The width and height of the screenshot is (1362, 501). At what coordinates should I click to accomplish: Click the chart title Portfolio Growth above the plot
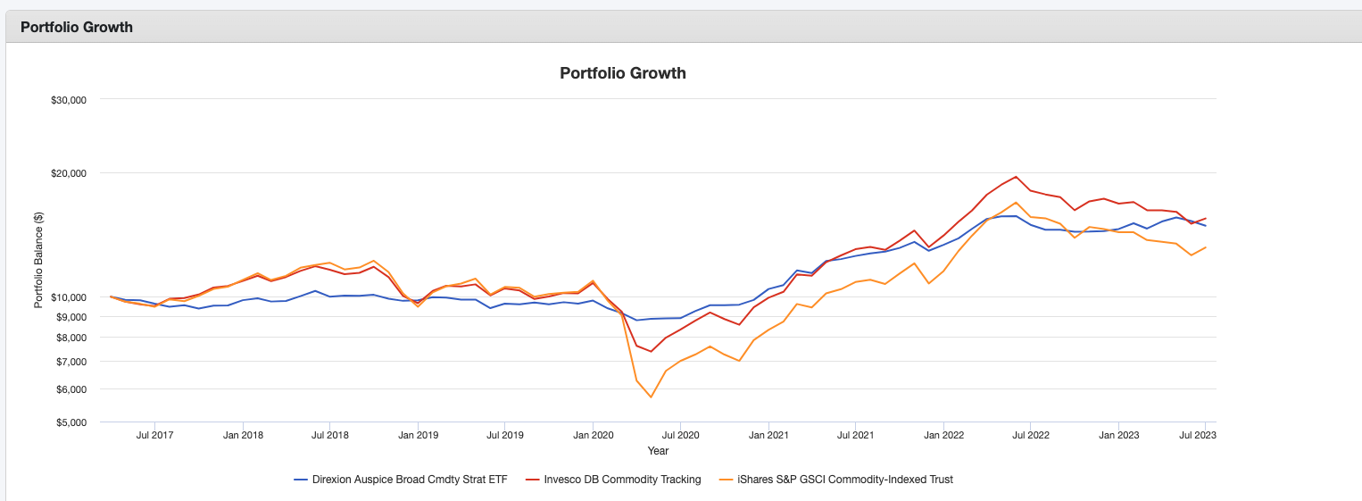coord(622,73)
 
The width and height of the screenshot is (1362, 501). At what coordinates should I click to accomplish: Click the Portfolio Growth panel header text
coord(77,27)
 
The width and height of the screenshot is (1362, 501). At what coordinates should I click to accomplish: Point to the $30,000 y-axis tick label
coord(68,100)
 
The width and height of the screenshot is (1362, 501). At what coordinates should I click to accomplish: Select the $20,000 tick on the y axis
coord(68,172)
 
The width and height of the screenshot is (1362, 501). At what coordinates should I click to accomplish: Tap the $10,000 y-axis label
coord(68,297)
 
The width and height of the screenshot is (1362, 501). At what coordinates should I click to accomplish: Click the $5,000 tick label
coord(71,422)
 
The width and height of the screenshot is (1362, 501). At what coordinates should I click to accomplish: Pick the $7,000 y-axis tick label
coord(71,362)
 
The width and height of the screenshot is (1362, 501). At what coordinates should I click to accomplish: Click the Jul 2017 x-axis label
coord(154,436)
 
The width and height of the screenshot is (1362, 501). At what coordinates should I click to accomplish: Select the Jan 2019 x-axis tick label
coord(418,436)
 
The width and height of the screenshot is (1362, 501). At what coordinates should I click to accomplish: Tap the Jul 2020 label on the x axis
coord(681,436)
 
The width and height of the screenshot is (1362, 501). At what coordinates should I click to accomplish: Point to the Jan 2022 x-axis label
coord(944,436)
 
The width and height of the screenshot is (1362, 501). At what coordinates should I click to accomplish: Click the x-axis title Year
coord(658,451)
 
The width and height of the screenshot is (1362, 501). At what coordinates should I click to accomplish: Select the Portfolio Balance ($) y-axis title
coord(38,260)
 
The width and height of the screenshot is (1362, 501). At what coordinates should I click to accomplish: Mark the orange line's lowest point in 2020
coord(651,397)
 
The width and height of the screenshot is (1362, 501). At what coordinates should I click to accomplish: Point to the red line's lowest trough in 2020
coord(651,352)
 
